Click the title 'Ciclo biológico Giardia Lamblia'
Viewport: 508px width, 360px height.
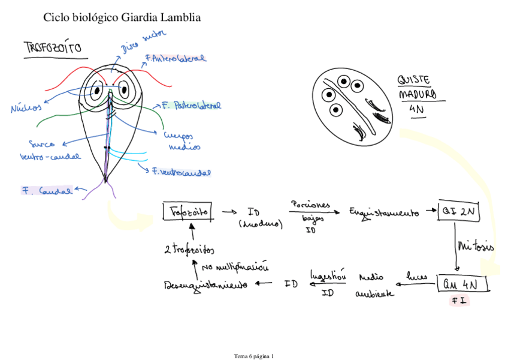click(122, 18)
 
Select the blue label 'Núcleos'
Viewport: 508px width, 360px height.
click(25, 108)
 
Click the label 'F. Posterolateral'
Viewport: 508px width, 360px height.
click(191, 106)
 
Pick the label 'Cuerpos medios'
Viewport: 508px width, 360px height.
click(182, 142)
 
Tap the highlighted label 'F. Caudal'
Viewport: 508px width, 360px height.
click(47, 191)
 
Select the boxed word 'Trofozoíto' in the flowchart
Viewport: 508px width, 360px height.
click(187, 211)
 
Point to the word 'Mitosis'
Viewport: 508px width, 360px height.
click(476, 246)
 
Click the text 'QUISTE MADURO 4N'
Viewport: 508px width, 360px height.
click(417, 94)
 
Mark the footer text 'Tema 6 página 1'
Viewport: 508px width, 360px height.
click(253, 356)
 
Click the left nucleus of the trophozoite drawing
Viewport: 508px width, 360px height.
click(97, 91)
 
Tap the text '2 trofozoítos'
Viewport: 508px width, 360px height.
click(189, 249)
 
